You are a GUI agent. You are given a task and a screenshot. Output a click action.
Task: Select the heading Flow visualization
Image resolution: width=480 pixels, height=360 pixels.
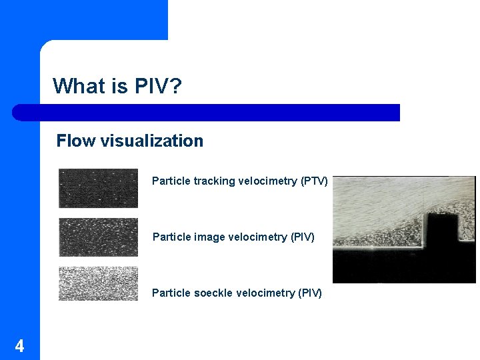130,141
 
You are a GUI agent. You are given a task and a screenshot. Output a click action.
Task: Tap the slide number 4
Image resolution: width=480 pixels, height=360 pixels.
19,346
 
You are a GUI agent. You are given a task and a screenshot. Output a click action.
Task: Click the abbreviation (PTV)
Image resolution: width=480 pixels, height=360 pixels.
314,181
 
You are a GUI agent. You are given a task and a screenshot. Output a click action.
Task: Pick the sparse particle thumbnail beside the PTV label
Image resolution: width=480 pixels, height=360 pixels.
98,188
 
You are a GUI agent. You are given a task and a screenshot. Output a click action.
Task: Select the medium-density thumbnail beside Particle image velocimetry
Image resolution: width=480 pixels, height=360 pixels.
98,237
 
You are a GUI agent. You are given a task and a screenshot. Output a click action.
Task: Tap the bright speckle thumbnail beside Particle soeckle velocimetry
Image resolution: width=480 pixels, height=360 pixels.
98,283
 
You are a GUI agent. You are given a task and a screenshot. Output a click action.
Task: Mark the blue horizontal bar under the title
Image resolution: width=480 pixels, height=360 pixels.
207,112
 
